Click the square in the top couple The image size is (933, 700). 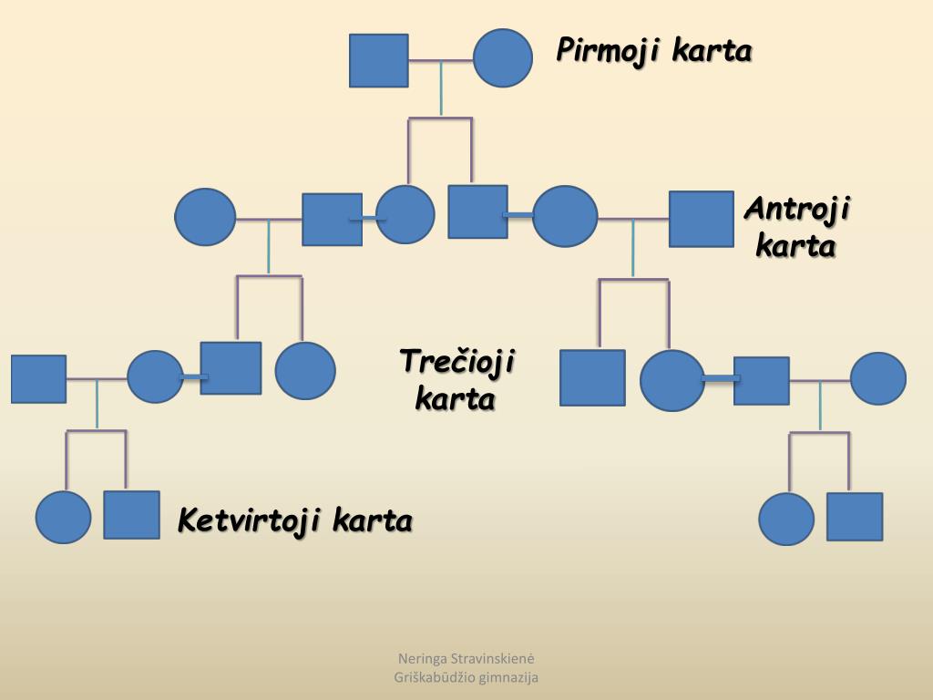click(378, 60)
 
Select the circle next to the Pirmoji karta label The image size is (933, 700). click(502, 58)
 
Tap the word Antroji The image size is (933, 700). click(796, 210)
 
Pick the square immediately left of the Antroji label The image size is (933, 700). click(701, 219)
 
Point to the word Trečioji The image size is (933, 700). click(457, 362)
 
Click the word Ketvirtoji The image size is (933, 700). click(251, 521)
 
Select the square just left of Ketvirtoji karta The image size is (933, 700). click(131, 515)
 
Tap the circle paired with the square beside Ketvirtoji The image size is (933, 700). click(64, 517)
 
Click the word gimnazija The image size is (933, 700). click(509, 677)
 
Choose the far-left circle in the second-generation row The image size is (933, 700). click(204, 217)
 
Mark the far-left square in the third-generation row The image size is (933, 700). click(38, 378)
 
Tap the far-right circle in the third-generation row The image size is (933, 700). click(878, 378)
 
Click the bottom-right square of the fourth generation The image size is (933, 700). click(855, 517)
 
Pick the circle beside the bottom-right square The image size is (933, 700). click(786, 519)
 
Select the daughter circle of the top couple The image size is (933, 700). click(405, 215)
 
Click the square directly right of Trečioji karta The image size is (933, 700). click(592, 377)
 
